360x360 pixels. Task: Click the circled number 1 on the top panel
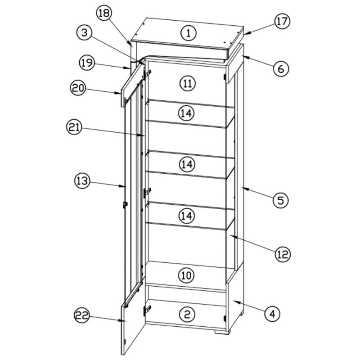pos(189,32)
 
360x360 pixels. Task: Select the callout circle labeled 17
pos(282,22)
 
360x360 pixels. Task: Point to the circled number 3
pos(84,32)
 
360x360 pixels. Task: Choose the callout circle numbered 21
pos(74,128)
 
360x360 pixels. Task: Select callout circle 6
pos(281,68)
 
